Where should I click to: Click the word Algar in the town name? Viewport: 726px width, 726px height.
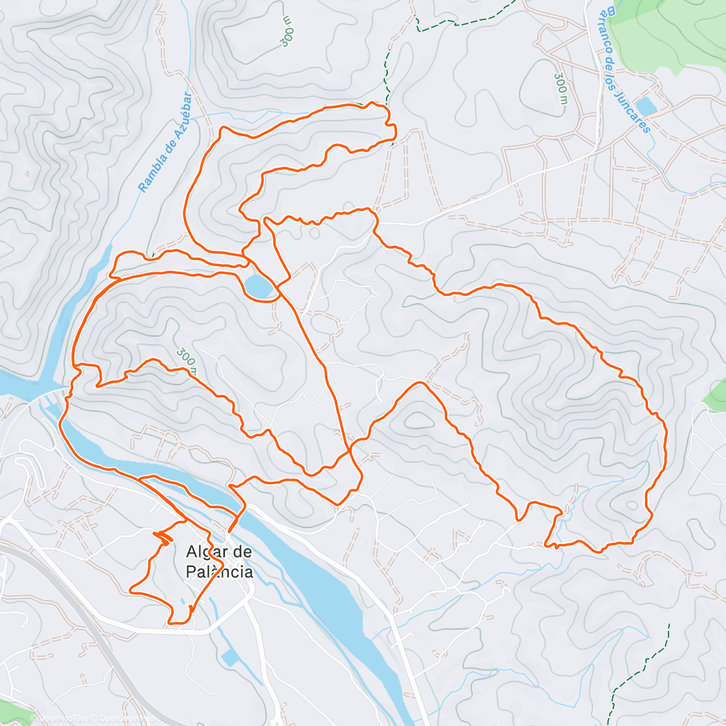click(203, 552)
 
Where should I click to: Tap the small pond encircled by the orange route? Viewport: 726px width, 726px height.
click(258, 286)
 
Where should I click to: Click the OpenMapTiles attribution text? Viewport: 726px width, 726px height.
click(64, 718)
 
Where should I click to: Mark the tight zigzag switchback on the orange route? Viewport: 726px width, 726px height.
click(162, 535)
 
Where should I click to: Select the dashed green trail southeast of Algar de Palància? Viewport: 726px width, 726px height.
click(641, 665)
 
